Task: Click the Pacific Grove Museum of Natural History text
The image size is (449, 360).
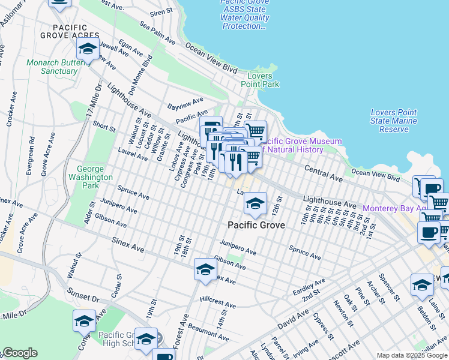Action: point(303,145)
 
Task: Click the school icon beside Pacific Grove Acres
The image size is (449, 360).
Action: point(88,49)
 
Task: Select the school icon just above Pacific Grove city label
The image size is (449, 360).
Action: point(255,205)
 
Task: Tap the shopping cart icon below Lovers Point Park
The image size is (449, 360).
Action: point(256,130)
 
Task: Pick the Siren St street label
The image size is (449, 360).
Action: point(161,13)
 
